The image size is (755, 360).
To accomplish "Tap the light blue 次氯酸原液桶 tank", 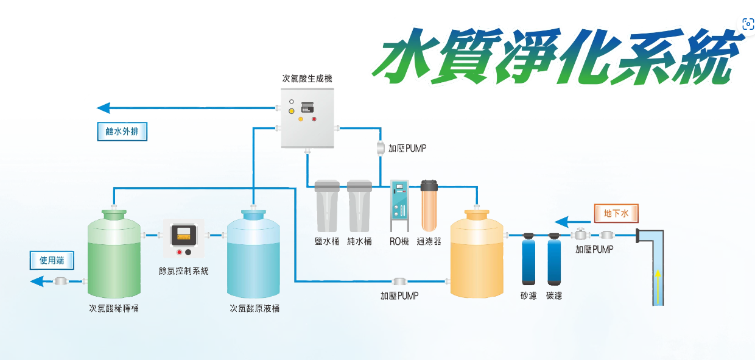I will pyautogui.click(x=254, y=256).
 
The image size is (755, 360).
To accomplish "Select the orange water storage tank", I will pyautogui.click(x=477, y=256).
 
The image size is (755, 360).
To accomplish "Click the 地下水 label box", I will pyautogui.click(x=616, y=213).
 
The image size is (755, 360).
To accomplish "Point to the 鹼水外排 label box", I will pyautogui.click(x=122, y=132).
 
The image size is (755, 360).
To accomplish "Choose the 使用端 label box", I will pyautogui.click(x=52, y=261).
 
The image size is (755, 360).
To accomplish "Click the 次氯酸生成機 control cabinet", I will pyautogui.click(x=309, y=118).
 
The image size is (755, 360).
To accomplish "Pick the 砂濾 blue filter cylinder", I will pyautogui.click(x=528, y=260).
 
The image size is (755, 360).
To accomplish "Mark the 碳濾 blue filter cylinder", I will pyautogui.click(x=553, y=260).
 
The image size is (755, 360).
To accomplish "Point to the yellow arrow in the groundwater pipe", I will pyautogui.click(x=658, y=282).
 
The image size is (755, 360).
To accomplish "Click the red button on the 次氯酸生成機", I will pyautogui.click(x=315, y=119).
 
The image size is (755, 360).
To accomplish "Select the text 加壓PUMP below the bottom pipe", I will pyautogui.click(x=399, y=295).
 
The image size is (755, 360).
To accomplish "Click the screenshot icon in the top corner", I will pyautogui.click(x=748, y=24).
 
